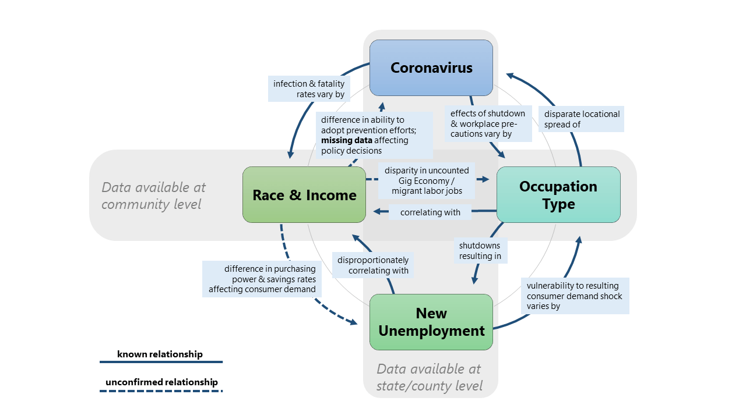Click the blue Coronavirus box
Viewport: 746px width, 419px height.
(431, 68)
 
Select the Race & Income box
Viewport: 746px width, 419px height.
(304, 195)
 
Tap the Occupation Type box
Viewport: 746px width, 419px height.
(558, 195)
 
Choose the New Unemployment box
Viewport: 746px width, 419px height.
(431, 322)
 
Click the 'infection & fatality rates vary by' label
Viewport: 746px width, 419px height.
(309, 89)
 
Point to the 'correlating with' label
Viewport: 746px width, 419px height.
(430, 212)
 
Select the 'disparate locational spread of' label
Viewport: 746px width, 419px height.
(581, 119)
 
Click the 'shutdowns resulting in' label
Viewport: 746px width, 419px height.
(480, 251)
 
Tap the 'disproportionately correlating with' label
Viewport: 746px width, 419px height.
(373, 265)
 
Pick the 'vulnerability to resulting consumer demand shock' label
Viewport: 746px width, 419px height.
(574, 296)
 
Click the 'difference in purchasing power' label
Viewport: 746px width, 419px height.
(262, 279)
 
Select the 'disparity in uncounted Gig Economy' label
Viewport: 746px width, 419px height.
(427, 180)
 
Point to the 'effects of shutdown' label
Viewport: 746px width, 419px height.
(488, 123)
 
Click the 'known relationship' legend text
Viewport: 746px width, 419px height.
(160, 354)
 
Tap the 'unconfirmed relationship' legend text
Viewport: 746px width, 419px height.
(161, 382)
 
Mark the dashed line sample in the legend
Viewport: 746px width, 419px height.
(161, 391)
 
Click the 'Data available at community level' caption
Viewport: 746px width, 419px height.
(153, 196)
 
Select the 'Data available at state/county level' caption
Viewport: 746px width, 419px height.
(430, 377)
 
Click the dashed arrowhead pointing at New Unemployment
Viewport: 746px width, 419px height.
(353, 321)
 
